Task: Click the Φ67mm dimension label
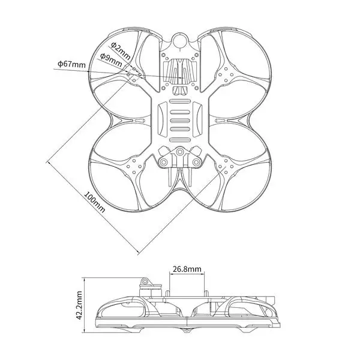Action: tap(71, 63)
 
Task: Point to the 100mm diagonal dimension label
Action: tap(94, 203)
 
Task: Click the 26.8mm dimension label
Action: tap(186, 270)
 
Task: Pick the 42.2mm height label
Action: tap(79, 307)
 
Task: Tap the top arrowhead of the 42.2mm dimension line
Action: tap(86, 278)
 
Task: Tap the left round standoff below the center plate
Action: tap(164, 162)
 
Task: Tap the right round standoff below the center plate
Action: tap(196, 162)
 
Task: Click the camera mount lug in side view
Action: tap(144, 281)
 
